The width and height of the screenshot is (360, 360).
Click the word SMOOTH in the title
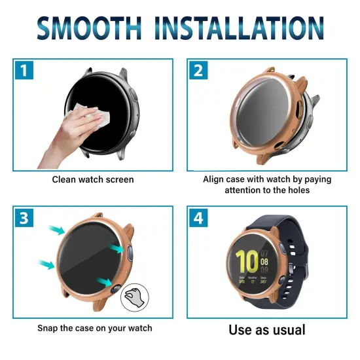89,28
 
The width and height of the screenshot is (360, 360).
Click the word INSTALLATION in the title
239,28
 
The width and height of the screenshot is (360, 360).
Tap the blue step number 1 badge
24,70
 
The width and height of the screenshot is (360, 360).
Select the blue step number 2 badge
198,70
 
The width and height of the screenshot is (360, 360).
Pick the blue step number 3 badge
24,218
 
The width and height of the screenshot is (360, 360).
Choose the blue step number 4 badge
198,218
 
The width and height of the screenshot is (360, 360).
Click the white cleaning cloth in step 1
94,116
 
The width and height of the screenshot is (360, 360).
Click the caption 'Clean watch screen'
93,179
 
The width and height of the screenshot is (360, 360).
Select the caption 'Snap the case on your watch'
95,328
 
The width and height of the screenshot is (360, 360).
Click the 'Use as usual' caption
267,330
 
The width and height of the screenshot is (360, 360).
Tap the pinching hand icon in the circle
135,298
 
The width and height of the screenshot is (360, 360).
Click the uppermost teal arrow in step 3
56,230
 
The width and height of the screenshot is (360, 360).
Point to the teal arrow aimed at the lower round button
105,282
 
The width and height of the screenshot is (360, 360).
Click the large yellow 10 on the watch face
247,262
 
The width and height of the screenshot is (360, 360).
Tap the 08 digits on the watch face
264,262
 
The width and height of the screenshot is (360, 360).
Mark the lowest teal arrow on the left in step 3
46,264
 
